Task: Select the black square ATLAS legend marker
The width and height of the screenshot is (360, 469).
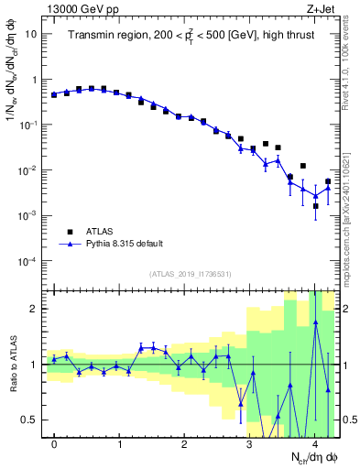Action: click(69, 232)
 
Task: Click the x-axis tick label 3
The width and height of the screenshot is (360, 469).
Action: click(250, 444)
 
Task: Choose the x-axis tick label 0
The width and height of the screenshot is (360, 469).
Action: click(55, 444)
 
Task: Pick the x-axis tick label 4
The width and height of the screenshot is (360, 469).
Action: click(315, 444)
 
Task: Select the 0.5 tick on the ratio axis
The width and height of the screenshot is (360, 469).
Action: click(30, 420)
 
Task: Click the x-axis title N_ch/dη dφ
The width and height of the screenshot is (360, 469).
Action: click(311, 458)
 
